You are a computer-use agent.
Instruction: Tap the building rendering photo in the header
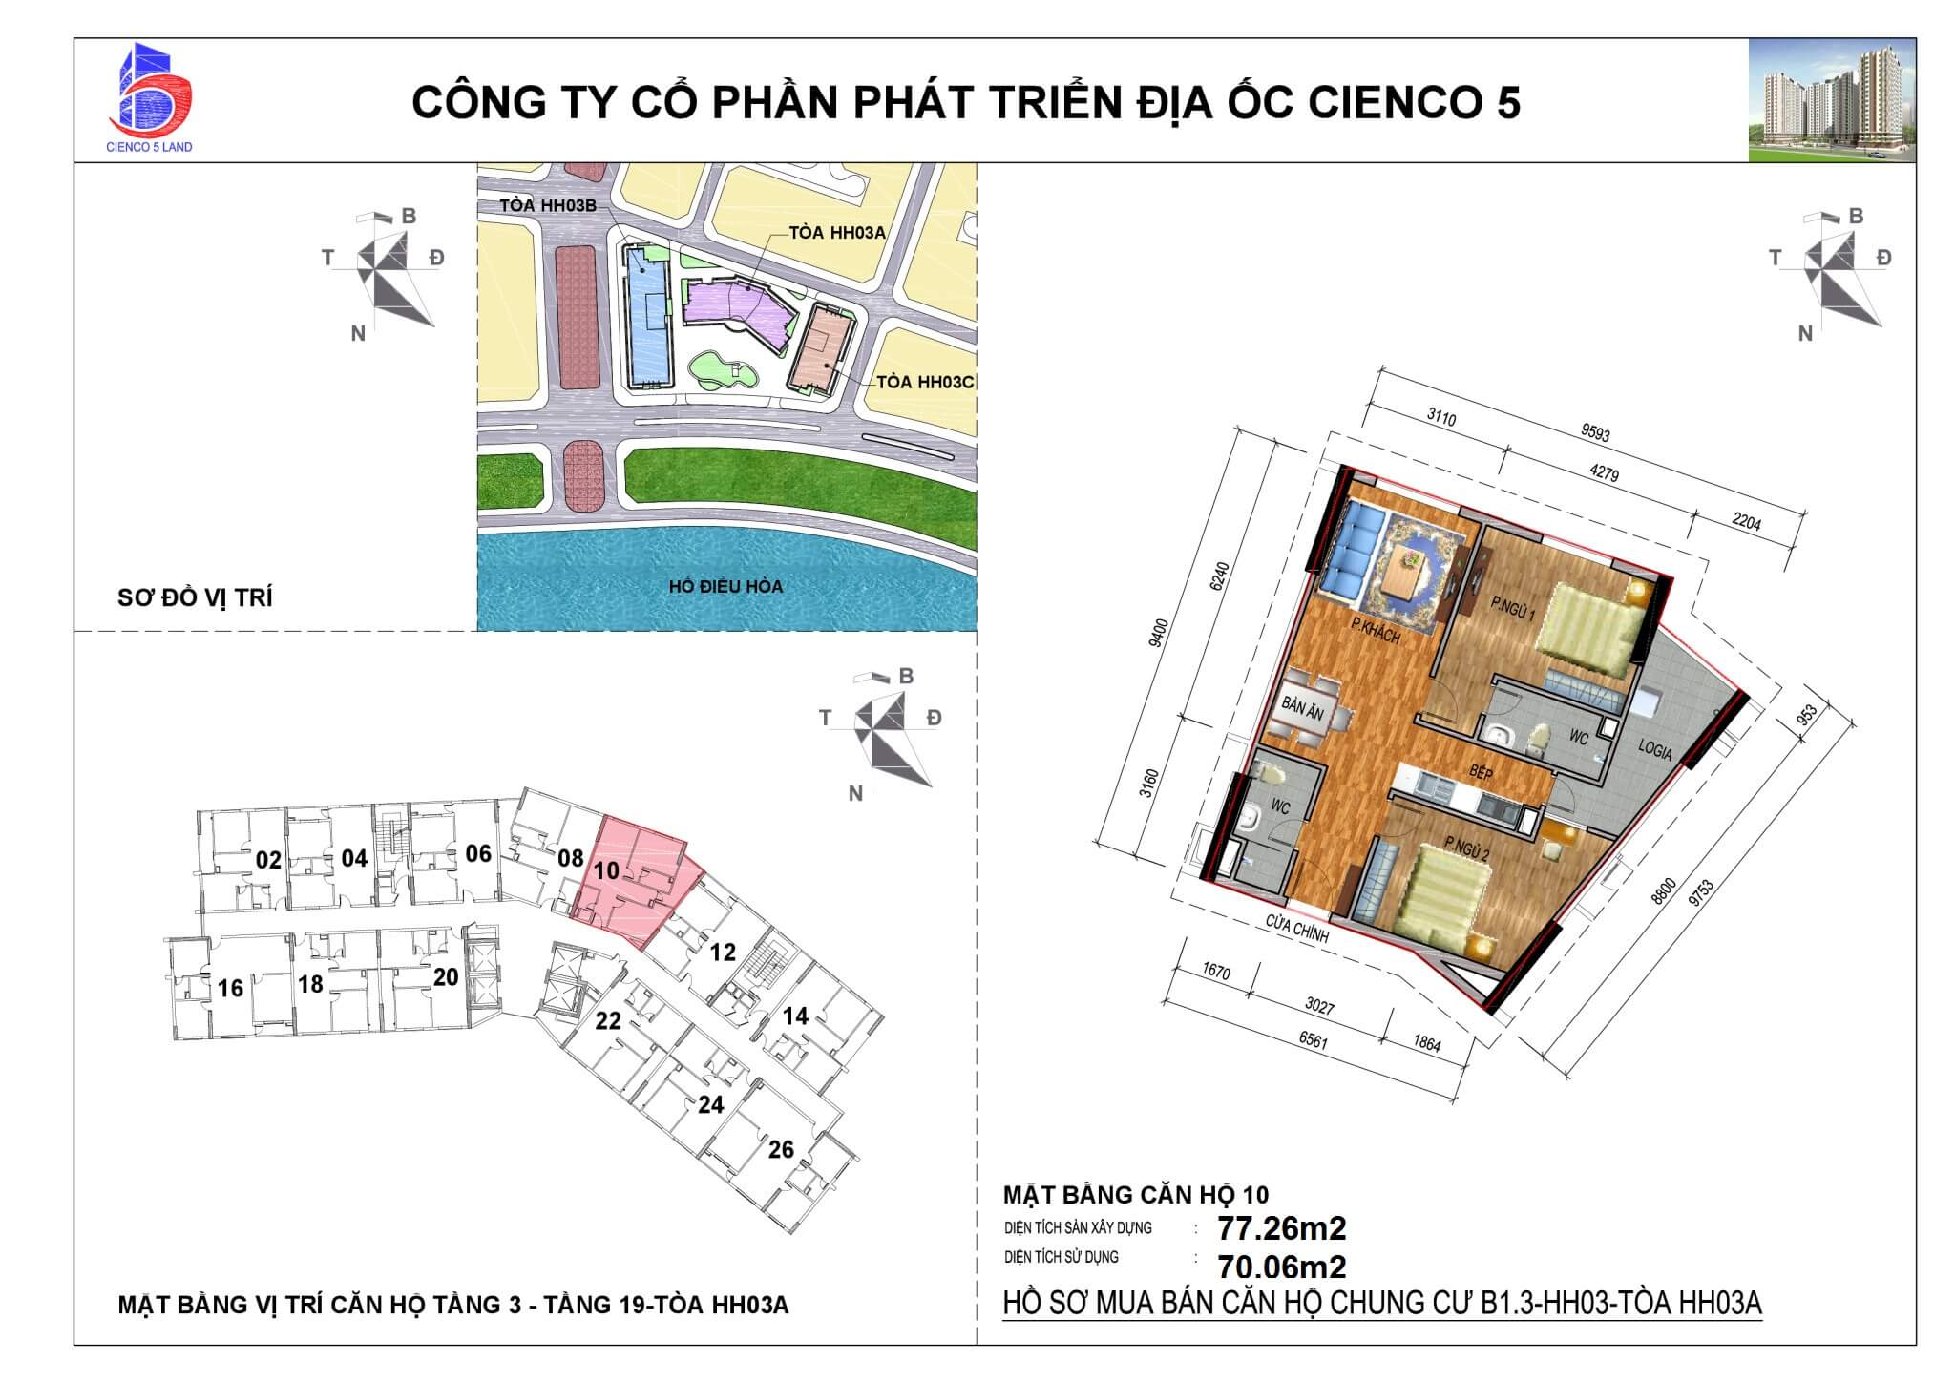tap(1832, 101)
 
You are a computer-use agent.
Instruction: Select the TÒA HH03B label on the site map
tap(548, 206)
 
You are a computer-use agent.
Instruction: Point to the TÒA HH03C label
tap(924, 382)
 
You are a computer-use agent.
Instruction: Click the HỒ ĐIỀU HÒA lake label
tap(725, 586)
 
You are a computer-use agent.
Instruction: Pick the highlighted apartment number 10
tap(607, 870)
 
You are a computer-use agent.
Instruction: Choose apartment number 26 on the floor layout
tap(781, 1149)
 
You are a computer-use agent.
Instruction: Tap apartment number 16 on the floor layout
tap(230, 987)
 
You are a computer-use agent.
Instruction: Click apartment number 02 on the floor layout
tap(268, 860)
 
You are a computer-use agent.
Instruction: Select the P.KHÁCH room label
tap(1376, 631)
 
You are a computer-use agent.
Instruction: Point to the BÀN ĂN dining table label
tap(1302, 711)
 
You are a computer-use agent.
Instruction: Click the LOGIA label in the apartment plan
tap(1655, 750)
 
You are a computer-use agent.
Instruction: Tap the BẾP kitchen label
tap(1481, 771)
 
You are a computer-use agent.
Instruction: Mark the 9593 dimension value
tap(1595, 433)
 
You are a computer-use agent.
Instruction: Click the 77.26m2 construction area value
tap(1281, 1227)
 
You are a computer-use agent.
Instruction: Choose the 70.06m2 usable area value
tap(1281, 1267)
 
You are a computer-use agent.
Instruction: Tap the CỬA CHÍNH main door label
tap(1297, 929)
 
